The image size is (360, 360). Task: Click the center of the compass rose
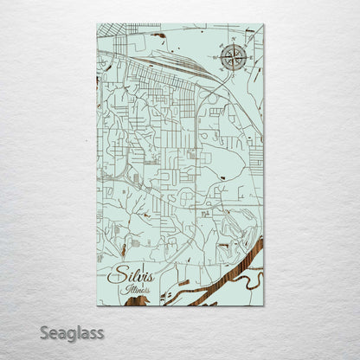[232, 59]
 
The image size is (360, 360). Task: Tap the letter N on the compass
[232, 46]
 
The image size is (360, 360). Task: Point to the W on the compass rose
[219, 59]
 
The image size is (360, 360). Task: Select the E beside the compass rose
[245, 59]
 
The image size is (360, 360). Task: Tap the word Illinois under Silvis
[137, 290]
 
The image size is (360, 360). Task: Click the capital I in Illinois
[125, 290]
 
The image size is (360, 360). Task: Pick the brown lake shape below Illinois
[137, 301]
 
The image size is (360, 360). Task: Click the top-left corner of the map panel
[98, 24]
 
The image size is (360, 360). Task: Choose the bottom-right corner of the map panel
[263, 305]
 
